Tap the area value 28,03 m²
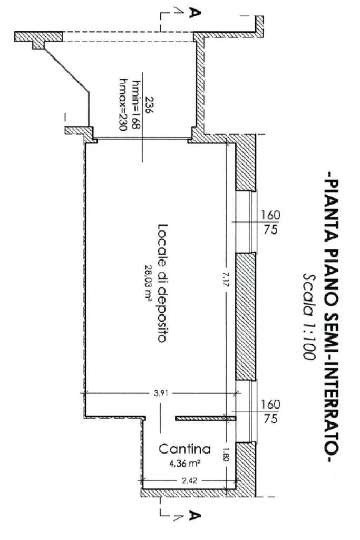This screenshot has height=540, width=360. pos(149,283)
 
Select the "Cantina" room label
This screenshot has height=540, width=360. pos(184,449)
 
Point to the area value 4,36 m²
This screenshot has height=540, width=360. pos(184,464)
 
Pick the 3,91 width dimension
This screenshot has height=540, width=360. pos(161,393)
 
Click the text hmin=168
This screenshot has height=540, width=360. pos(134,105)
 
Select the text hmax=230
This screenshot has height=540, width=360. pos(122,105)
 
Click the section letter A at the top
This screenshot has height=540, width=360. pos(195,13)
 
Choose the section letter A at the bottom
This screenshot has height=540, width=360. pos(195,516)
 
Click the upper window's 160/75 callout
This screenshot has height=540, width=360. pos(270,223)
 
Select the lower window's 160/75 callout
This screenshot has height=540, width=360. pos(270,411)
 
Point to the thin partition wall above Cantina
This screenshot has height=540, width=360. pos(206,418)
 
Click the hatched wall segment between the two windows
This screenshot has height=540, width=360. pos(246,316)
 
